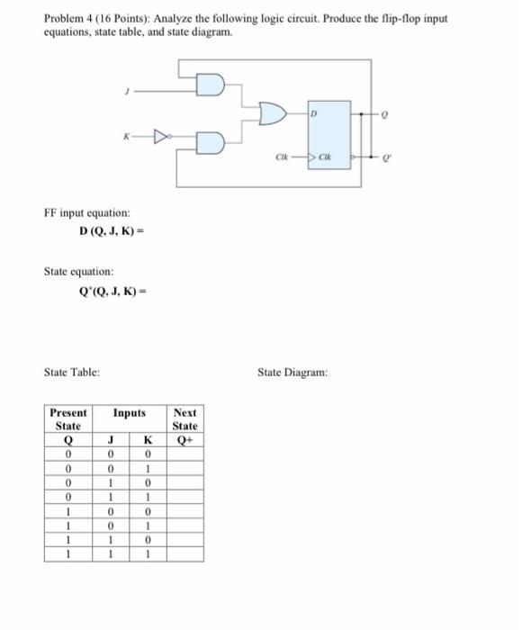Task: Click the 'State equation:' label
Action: [x=78, y=270]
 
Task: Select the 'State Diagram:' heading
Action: [x=292, y=371]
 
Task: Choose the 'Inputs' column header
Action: [x=129, y=413]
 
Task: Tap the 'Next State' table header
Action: [x=184, y=418]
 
